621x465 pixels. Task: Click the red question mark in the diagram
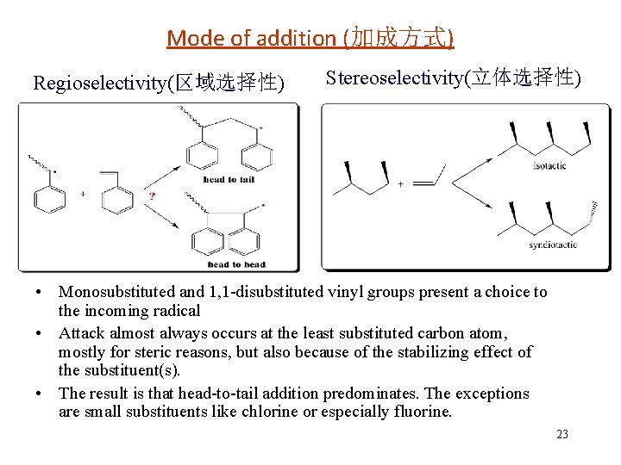[x=152, y=196]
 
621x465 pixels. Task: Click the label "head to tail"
[x=229, y=179]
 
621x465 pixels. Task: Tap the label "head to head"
[x=235, y=264]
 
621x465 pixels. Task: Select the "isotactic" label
[x=549, y=166]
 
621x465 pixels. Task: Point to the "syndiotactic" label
[x=552, y=246]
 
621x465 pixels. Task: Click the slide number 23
[x=562, y=434]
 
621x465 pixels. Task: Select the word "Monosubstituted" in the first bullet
[x=117, y=293]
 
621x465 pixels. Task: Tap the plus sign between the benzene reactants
[x=83, y=195]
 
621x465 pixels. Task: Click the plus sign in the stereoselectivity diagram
[x=399, y=183]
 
